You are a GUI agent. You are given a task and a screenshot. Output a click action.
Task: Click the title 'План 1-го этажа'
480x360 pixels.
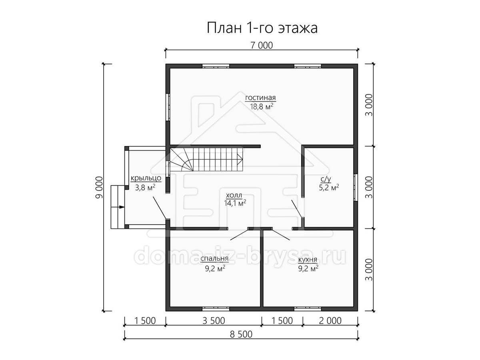[x=262, y=28]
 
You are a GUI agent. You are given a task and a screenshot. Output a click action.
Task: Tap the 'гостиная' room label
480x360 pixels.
[x=260, y=98]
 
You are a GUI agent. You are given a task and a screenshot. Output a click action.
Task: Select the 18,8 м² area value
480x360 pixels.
[x=262, y=107]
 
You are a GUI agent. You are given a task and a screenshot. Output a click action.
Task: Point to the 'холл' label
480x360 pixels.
[x=234, y=195]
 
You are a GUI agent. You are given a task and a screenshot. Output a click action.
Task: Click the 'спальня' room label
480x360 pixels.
[x=214, y=258]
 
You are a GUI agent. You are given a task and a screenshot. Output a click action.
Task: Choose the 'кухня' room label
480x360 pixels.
[x=308, y=259]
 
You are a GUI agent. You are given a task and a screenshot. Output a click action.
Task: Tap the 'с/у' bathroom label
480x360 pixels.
[x=326, y=179]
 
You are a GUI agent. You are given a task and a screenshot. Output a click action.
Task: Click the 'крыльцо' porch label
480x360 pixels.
[x=146, y=178]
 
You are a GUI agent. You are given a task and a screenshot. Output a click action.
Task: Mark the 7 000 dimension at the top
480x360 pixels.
[x=262, y=45]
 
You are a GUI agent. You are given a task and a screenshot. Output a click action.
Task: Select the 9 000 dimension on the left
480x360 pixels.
[x=99, y=187]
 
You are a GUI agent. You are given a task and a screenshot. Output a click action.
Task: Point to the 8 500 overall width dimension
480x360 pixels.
[x=241, y=334]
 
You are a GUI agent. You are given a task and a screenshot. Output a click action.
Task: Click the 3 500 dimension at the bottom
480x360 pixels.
[x=214, y=321]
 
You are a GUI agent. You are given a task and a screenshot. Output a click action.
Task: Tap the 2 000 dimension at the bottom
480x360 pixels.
[x=330, y=321]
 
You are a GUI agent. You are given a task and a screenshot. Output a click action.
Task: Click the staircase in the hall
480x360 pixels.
[x=207, y=159]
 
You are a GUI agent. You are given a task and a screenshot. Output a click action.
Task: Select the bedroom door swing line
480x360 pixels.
[x=239, y=234]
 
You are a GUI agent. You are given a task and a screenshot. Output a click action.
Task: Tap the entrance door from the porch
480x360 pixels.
[x=159, y=208]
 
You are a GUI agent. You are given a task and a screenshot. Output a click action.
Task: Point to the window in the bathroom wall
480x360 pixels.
[x=356, y=187]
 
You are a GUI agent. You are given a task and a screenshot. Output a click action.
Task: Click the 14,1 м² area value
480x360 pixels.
[x=235, y=203]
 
